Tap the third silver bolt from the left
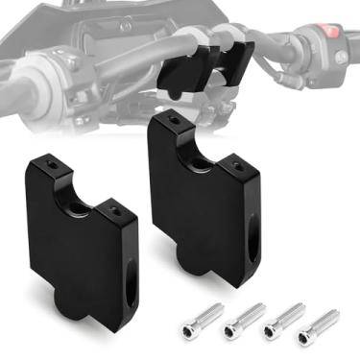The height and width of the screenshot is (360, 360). (285, 319)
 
